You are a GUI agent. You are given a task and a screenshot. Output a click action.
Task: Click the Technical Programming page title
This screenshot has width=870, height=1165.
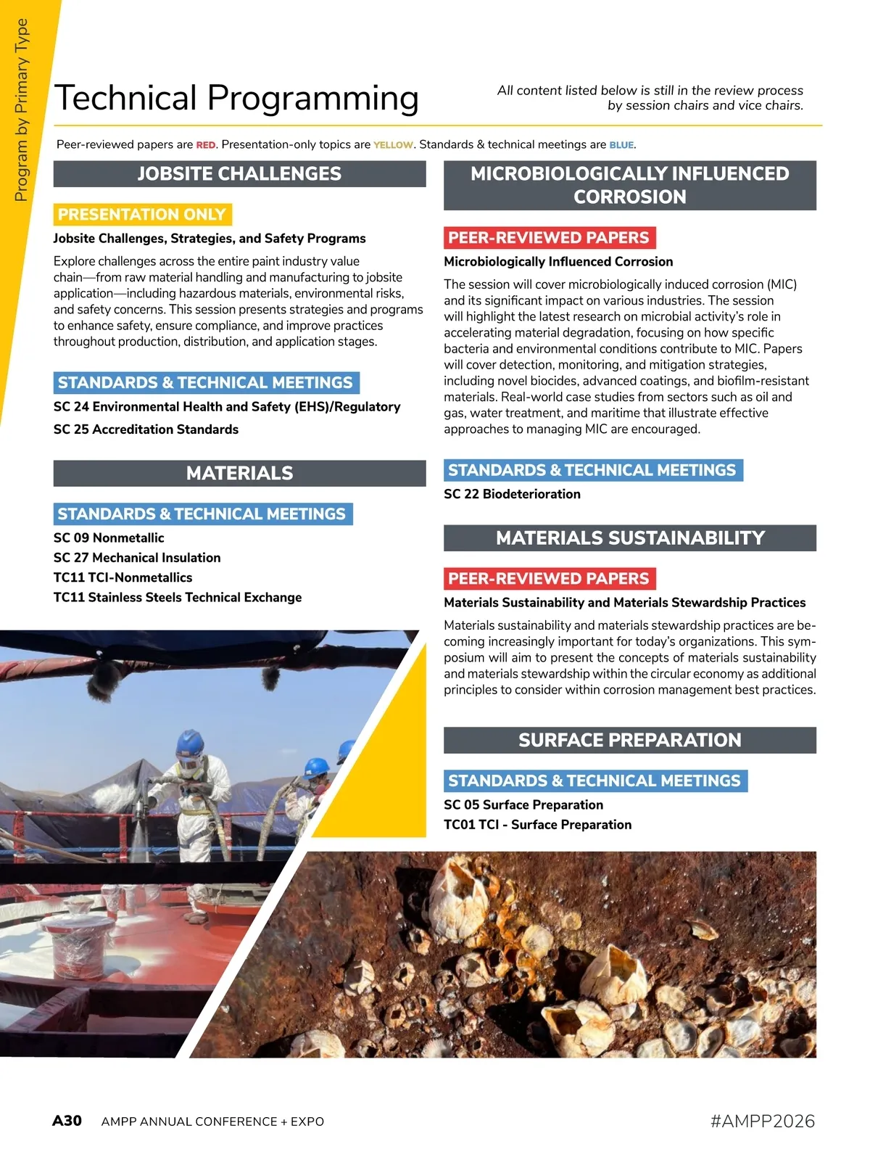(x=236, y=99)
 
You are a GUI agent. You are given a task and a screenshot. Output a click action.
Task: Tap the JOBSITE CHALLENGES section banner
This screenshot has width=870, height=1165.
(x=239, y=174)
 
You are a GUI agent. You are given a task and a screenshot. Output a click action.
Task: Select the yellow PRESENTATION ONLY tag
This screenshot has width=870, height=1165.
(x=142, y=215)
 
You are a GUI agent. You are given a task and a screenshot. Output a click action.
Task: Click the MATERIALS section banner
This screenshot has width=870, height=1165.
(x=239, y=473)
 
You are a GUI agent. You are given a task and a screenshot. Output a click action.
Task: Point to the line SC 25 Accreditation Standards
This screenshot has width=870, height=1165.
(x=146, y=429)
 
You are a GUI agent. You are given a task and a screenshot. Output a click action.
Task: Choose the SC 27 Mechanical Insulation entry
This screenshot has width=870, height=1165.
(x=137, y=558)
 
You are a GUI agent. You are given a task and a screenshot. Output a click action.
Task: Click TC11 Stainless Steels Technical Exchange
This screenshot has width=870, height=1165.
(x=178, y=598)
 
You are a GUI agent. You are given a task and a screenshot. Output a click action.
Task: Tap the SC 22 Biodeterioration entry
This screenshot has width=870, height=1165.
(x=512, y=494)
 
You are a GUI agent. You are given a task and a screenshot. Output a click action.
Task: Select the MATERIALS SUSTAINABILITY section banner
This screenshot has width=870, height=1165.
(x=629, y=538)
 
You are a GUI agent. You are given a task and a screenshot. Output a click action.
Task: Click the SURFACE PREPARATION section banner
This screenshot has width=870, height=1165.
(x=629, y=740)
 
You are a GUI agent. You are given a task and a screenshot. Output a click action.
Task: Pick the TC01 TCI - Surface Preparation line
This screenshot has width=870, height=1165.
(x=537, y=825)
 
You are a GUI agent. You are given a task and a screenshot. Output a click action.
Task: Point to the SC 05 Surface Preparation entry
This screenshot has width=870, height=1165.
(x=523, y=805)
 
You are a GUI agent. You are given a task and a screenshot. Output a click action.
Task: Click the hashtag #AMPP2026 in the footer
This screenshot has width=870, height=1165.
(x=763, y=1121)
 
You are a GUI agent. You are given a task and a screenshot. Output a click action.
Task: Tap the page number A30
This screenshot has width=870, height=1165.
(x=67, y=1121)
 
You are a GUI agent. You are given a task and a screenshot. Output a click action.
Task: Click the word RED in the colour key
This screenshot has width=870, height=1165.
(x=206, y=145)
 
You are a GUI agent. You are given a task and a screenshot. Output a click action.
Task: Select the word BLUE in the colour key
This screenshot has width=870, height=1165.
(x=621, y=145)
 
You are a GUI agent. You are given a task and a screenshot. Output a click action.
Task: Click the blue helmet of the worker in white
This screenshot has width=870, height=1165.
(x=189, y=742)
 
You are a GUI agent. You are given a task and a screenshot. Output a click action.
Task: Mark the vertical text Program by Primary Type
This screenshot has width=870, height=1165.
(x=22, y=110)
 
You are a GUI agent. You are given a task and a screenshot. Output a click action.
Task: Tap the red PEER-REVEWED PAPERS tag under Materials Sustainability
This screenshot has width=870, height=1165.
(x=549, y=579)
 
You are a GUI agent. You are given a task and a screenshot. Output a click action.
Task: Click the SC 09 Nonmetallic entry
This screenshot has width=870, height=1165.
(x=109, y=538)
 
